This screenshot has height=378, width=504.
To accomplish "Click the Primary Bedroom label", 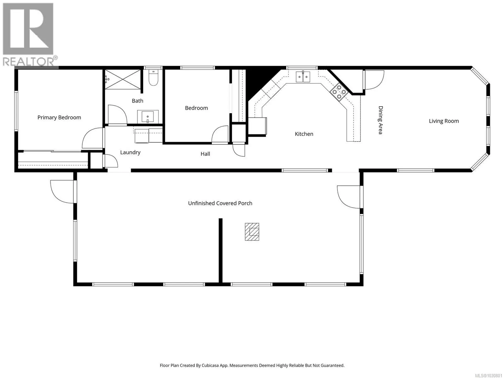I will [x=59, y=117].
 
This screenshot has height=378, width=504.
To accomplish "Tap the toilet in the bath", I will [x=153, y=78].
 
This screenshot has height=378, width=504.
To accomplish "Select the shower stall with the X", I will [x=123, y=80].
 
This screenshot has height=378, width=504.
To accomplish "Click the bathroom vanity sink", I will [x=148, y=117].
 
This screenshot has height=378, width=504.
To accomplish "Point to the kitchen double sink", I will [x=303, y=77].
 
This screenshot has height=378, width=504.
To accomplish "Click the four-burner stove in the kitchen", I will [x=339, y=92].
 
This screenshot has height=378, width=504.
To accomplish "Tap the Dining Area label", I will [x=380, y=120].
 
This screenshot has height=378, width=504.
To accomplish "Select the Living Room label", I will [x=444, y=121].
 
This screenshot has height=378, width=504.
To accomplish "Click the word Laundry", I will [x=130, y=152].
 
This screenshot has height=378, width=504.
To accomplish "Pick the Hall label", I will [x=205, y=154].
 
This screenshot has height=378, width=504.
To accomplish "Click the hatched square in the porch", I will [x=252, y=232].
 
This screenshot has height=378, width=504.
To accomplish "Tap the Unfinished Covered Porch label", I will [x=220, y=203].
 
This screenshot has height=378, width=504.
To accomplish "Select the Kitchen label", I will [x=304, y=134].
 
